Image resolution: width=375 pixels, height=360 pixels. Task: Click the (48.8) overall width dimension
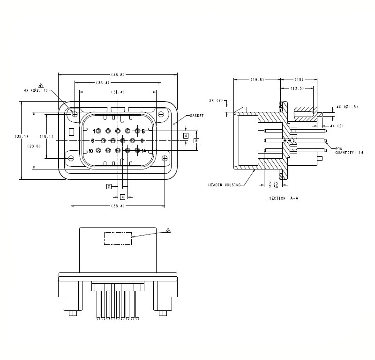point(117,75)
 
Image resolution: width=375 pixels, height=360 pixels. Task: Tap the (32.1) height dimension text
point(22,136)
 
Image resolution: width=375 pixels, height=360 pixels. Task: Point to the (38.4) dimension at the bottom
point(117,206)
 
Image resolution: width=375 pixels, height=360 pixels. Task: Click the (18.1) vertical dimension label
point(46,136)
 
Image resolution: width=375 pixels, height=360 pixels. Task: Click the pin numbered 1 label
point(94,131)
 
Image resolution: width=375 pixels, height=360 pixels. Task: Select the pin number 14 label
point(144,151)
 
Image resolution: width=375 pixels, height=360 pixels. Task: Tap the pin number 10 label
point(91,151)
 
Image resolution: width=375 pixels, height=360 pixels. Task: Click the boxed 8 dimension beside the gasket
point(196,140)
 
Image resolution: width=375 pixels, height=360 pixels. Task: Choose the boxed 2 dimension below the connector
point(109,186)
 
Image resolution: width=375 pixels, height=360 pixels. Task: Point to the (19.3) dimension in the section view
point(257,80)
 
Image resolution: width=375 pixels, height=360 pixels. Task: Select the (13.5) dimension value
point(297,88)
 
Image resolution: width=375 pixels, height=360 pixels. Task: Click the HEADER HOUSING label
point(224,185)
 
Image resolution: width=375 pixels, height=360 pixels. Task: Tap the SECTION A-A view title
point(284,198)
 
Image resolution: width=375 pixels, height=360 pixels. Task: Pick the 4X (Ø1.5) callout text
point(347,107)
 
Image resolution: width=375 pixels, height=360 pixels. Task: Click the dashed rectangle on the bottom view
point(117,238)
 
